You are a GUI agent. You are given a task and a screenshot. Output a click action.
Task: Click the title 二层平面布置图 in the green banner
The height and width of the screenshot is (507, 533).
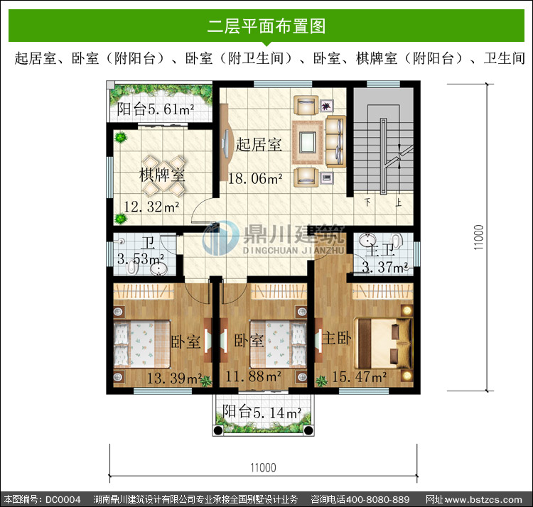[x=266, y=26]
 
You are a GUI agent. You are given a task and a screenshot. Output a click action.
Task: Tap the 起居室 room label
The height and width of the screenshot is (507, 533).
[x=259, y=144]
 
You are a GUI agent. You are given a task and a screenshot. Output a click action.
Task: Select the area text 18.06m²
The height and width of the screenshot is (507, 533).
[x=255, y=179]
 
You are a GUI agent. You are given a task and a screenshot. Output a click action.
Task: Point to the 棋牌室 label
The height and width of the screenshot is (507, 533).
[x=162, y=175]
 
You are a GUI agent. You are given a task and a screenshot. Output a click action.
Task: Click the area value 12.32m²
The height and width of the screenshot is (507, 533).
[x=151, y=207]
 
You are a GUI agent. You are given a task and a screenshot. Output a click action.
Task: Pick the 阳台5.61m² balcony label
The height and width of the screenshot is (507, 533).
[x=156, y=109]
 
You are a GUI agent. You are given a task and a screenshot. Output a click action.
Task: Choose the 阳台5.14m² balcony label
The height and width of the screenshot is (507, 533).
[x=262, y=413]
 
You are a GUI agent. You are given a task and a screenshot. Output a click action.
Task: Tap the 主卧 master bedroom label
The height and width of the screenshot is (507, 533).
[x=337, y=338]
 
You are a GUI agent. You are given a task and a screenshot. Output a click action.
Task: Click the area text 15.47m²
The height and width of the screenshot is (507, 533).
[x=359, y=377]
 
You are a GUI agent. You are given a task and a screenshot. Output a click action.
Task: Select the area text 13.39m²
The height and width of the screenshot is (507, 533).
[x=174, y=378]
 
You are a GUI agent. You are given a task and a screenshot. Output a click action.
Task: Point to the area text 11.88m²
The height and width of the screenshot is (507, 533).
[x=254, y=376]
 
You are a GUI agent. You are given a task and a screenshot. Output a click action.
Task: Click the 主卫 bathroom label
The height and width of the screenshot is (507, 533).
[x=380, y=250]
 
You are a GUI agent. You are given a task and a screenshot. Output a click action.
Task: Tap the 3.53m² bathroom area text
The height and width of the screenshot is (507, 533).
[x=141, y=259]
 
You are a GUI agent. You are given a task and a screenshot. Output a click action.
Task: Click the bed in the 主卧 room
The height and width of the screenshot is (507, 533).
[x=384, y=343]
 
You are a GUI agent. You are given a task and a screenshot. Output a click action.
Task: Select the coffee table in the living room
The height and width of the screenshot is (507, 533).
[x=308, y=142]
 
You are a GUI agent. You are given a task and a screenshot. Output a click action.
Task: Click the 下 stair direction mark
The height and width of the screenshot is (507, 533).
[x=367, y=202]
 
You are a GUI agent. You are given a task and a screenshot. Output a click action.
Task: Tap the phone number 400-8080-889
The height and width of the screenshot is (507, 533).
[x=377, y=499]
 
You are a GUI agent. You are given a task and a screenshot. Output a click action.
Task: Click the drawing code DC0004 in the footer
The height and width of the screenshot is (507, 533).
[x=63, y=499]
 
